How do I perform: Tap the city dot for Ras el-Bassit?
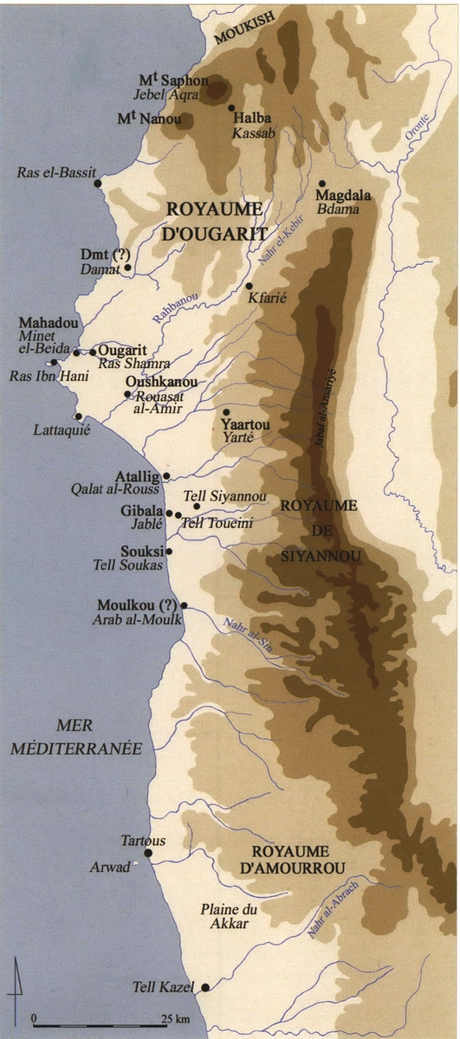point(100,184)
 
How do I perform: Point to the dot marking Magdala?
point(321,184)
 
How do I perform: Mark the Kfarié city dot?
point(249,286)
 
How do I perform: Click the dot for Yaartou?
point(226,412)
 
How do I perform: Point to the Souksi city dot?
point(169,551)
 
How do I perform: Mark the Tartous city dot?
point(148,853)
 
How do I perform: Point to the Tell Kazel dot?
point(205,987)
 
